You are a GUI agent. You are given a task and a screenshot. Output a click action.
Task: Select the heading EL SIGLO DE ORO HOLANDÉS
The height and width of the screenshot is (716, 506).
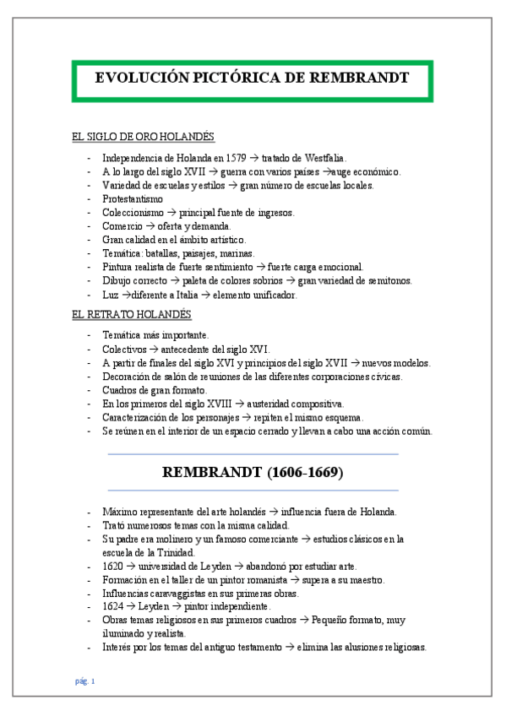click(x=144, y=136)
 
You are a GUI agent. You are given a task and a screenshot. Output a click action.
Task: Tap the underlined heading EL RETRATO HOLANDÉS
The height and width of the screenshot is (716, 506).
click(x=132, y=315)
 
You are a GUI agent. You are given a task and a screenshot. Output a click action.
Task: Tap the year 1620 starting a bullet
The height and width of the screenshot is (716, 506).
click(x=113, y=566)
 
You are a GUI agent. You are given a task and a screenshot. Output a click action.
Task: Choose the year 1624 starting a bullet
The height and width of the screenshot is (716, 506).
click(x=113, y=606)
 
